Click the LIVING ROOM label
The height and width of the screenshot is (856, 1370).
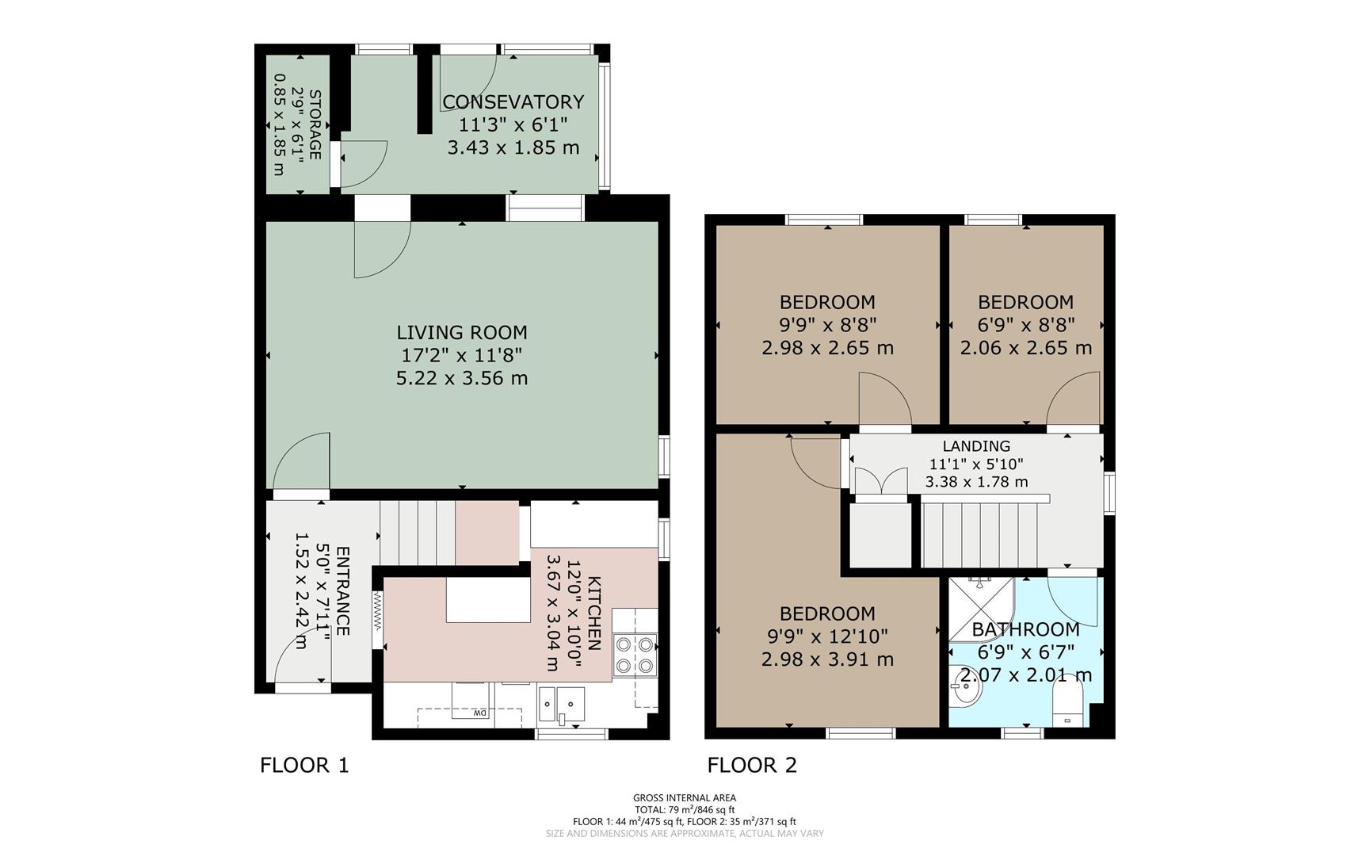coord(462,332)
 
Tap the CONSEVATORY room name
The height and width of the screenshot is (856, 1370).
coord(513,101)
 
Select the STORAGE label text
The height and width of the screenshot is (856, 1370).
coord(315,124)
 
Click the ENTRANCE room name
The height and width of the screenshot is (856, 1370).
coord(343,590)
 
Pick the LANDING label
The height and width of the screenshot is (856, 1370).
coord(976,446)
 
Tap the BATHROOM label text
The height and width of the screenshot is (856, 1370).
coord(1025,629)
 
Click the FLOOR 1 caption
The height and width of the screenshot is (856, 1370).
coord(304,765)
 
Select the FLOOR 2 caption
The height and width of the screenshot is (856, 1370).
coord(752,765)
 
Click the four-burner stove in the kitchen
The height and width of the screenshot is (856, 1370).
coord(635,655)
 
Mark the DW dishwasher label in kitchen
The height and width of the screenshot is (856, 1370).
coord(479,713)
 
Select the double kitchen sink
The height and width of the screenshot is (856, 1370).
coord(562,704)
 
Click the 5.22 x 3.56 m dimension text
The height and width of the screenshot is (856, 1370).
coord(462,378)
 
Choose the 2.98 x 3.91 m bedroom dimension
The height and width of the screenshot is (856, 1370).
coord(827,659)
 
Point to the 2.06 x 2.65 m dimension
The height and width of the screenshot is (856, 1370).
coord(1026,348)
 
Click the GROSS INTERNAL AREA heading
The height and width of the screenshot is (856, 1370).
coord(685,798)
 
